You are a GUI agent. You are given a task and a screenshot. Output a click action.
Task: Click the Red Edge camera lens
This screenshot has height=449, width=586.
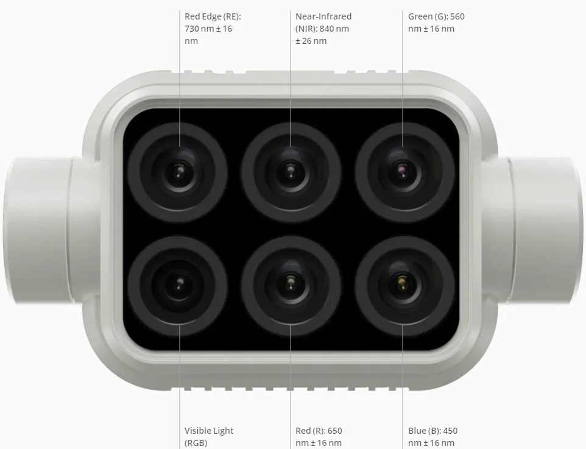(x=178, y=171)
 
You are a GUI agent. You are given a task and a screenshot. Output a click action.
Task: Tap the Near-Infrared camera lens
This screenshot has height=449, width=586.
(x=291, y=171)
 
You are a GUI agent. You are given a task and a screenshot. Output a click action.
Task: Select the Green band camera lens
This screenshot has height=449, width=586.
(x=404, y=171)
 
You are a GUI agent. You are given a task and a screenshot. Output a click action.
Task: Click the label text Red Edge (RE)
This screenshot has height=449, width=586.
(x=217, y=16)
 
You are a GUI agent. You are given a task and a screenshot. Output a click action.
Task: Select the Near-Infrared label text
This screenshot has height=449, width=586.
(x=323, y=16)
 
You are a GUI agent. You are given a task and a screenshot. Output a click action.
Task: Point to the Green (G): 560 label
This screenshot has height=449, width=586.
(x=436, y=16)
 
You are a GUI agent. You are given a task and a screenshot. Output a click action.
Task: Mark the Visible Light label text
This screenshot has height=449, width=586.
(x=209, y=431)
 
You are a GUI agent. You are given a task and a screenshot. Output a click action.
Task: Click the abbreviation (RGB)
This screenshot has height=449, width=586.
(x=196, y=443)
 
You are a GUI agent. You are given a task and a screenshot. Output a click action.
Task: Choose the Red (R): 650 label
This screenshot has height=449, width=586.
(x=319, y=431)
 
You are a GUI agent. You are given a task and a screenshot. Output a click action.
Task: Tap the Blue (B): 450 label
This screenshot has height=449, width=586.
(x=432, y=431)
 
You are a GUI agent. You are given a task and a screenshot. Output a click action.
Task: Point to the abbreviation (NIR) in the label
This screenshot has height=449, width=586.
(x=306, y=29)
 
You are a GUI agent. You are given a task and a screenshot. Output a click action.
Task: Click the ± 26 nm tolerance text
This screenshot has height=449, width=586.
(x=311, y=41)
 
